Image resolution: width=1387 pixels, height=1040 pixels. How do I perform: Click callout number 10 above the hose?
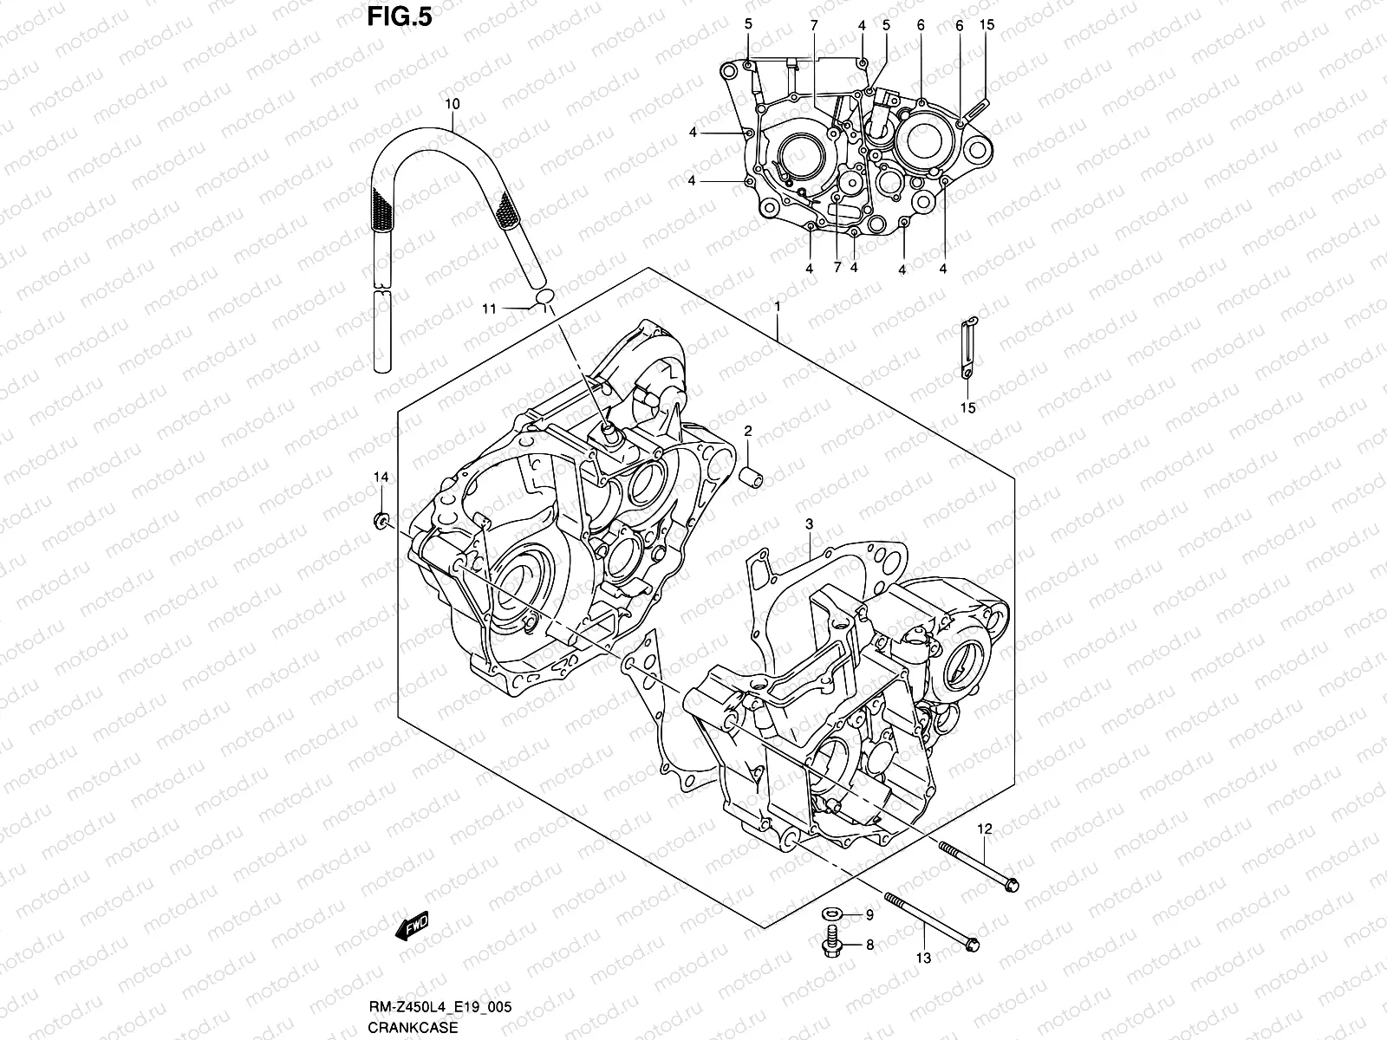pos(453,104)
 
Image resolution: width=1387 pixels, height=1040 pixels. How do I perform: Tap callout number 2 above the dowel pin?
pos(747,431)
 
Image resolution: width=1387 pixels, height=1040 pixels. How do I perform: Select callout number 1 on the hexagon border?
pos(778,307)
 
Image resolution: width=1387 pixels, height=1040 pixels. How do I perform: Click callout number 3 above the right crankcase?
pos(808,523)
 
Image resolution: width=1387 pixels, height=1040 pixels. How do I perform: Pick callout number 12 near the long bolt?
pos(984,829)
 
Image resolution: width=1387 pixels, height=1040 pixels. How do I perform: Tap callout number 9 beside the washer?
pos(869,914)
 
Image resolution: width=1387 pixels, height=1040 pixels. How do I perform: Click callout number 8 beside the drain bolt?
pos(869,946)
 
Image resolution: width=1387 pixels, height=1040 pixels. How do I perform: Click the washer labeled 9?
pos(830,914)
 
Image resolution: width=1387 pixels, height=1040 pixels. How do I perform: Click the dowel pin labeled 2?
pos(751,478)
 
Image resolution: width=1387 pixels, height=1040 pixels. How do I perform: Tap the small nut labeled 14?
pos(380,522)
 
